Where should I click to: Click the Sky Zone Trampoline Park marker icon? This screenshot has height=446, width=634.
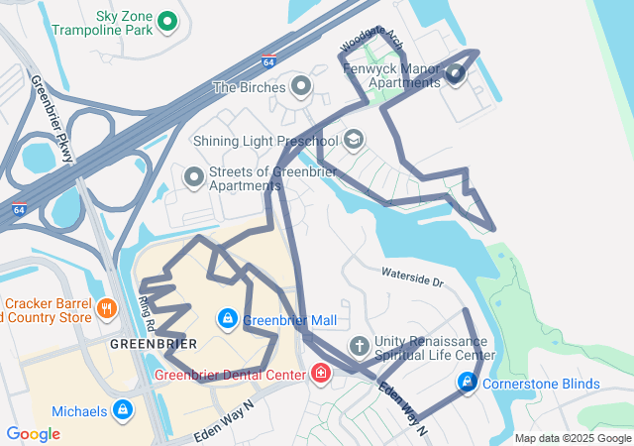[167, 20]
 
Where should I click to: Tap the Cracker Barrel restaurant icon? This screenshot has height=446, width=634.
[107, 310]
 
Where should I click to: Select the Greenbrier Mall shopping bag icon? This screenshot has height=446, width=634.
[228, 319]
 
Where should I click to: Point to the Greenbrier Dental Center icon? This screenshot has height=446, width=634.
[320, 374]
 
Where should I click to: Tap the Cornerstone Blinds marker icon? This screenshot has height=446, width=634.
[467, 383]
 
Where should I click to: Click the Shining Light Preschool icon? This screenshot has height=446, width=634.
[354, 141]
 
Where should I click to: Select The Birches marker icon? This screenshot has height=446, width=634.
[301, 87]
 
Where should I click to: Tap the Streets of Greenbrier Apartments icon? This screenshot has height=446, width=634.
[194, 178]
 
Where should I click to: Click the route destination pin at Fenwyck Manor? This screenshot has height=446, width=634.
[455, 73]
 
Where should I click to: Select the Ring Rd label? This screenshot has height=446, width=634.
[148, 313]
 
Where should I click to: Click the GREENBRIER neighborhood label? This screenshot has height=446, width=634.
[153, 344]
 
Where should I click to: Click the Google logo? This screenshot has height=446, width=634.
[33, 433]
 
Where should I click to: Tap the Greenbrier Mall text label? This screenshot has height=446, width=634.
[289, 320]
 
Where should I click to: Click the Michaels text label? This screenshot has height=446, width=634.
[79, 411]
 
